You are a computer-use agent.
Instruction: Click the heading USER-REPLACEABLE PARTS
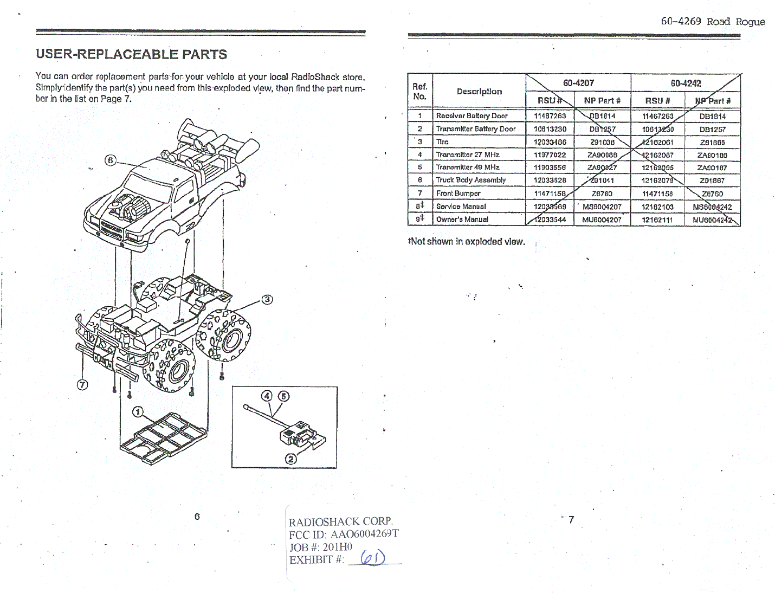pyautogui.click(x=131, y=54)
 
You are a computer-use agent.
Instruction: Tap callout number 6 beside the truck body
pyautogui.click(x=111, y=160)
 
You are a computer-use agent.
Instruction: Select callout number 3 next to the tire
pyautogui.click(x=267, y=300)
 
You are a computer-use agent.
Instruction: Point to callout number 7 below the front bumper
pyautogui.click(x=82, y=385)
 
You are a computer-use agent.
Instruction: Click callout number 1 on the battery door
pyautogui.click(x=138, y=412)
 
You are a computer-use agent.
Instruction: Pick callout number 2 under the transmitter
pyautogui.click(x=291, y=459)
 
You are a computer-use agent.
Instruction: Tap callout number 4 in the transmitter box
pyautogui.click(x=267, y=396)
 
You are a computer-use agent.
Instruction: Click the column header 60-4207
pyautogui.click(x=578, y=83)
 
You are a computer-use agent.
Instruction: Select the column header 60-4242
pyautogui.click(x=686, y=83)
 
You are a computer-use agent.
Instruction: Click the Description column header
pyautogui.click(x=479, y=92)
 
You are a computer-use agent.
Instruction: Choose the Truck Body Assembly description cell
pyautogui.click(x=470, y=180)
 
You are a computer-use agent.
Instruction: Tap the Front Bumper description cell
pyautogui.click(x=458, y=193)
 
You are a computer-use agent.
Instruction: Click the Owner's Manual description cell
pyautogui.click(x=462, y=220)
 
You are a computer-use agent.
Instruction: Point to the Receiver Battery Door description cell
pyautogui.click(x=472, y=115)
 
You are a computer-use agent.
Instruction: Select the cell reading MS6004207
pyautogui.click(x=602, y=207)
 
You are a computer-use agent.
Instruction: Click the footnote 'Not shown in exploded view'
pyautogui.click(x=467, y=242)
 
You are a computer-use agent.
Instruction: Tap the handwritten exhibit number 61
pyautogui.click(x=373, y=558)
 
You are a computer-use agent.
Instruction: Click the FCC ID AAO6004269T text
pyautogui.click(x=344, y=534)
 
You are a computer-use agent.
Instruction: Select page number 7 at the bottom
pyautogui.click(x=571, y=520)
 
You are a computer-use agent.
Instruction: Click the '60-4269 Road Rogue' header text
pyautogui.click(x=713, y=22)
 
